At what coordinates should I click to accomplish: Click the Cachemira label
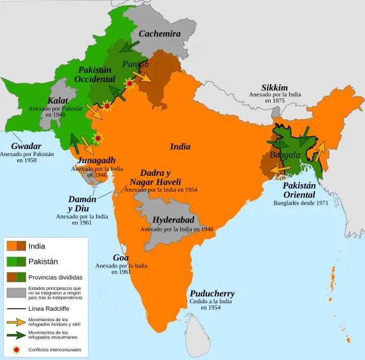(159, 33)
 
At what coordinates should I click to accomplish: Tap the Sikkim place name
(275, 87)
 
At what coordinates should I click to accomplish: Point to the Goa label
(121, 257)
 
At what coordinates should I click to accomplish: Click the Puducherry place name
(212, 293)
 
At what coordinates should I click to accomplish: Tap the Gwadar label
(26, 146)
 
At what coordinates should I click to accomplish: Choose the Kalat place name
(58, 101)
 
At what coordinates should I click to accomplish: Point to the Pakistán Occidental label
(94, 74)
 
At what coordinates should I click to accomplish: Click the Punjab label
(135, 64)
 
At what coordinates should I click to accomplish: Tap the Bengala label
(285, 155)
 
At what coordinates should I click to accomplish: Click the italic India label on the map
(180, 147)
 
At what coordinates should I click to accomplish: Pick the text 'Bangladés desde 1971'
(301, 203)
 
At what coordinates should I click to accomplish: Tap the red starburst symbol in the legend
(17, 350)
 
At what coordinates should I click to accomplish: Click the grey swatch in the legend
(17, 292)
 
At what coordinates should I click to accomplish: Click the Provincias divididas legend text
(55, 277)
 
